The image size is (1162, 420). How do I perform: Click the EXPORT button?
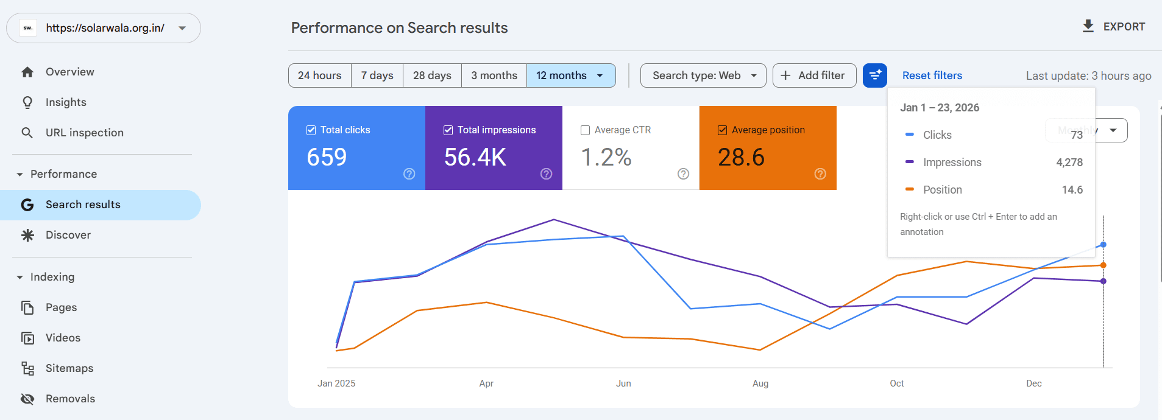1113,27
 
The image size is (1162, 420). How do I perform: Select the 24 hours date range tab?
319,75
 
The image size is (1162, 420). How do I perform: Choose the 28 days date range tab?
432,75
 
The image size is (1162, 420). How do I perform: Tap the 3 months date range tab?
494,75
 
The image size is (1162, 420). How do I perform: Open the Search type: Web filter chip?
703,75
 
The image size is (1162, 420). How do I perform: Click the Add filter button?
814,75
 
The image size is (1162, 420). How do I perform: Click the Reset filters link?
932,75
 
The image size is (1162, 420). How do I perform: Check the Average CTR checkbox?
586,130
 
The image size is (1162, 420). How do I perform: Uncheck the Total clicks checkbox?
311,130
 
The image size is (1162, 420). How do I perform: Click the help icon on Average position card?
820,174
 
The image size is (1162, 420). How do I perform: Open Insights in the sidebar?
66,102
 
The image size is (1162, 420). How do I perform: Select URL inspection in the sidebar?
84,133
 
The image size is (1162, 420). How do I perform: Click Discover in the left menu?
68,235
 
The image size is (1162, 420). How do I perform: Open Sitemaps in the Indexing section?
69,368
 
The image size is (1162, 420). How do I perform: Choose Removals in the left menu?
70,399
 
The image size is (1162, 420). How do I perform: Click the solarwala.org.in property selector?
104,28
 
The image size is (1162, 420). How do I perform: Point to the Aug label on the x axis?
760,383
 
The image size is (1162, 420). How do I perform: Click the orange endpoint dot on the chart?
1103,265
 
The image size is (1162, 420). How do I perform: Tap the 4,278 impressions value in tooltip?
1069,163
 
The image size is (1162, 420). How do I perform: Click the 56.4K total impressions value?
475,158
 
